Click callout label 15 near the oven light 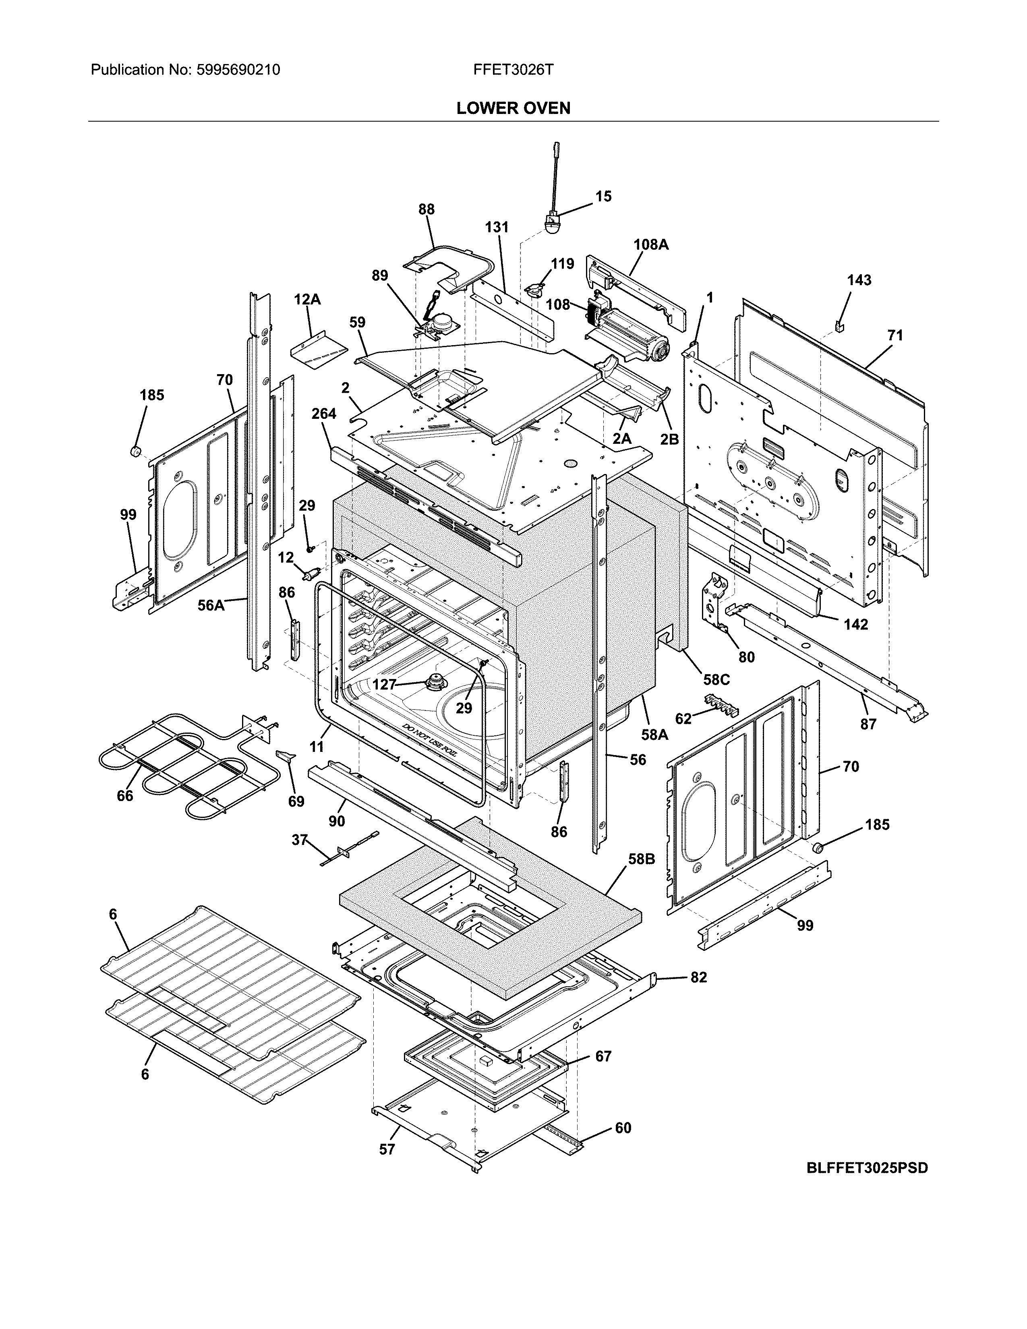603,197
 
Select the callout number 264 324,414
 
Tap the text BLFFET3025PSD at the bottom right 867,1168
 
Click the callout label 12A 307,299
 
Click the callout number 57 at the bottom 387,1149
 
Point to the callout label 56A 211,605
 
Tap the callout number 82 698,977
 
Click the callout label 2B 669,439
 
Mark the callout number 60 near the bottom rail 623,1128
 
